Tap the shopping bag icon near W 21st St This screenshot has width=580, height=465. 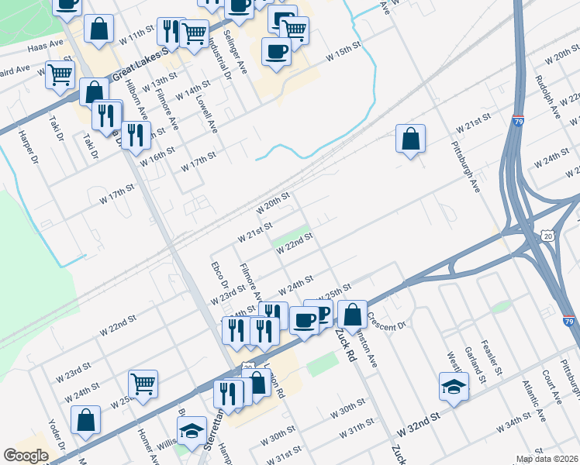point(410,139)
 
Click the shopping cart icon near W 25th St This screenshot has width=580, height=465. point(143,383)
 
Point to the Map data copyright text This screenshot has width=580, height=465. point(547,459)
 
